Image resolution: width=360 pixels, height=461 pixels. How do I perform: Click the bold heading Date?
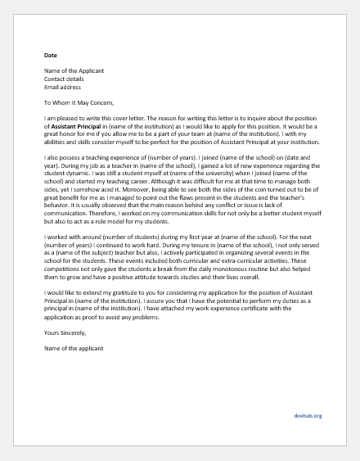[51, 55]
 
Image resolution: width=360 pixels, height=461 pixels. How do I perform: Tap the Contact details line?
[66, 79]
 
